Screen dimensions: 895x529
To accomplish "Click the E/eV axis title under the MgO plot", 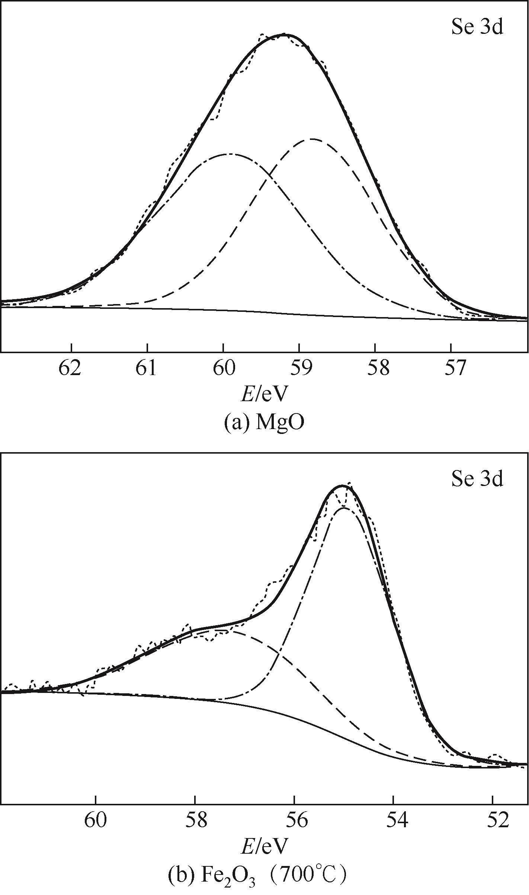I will tap(264, 394).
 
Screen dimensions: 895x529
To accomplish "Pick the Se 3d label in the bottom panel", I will tap(477, 479).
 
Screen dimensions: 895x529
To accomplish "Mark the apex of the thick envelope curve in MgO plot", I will tap(283, 34).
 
